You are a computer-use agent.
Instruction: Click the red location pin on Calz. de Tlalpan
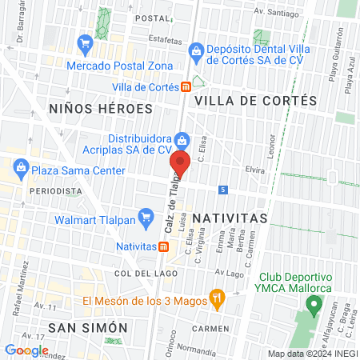(x=180, y=166)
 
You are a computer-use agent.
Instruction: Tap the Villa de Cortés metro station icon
(x=185, y=86)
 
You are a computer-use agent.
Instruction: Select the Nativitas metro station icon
(x=163, y=246)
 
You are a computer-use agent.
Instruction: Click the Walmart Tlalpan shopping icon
(x=146, y=217)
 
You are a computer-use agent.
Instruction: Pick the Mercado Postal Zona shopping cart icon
(x=84, y=42)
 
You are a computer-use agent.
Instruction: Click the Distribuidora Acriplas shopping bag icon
(x=182, y=141)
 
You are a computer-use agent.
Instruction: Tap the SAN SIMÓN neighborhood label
(x=88, y=327)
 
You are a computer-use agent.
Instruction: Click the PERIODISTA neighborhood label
(x=55, y=191)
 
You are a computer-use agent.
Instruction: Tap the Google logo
(x=26, y=350)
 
